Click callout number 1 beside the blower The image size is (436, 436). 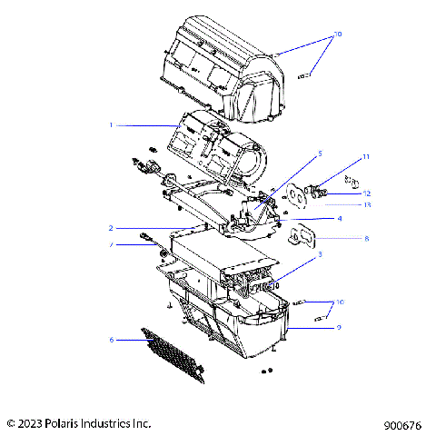point(111,124)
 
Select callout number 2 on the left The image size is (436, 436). point(111,227)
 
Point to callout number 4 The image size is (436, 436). point(339,219)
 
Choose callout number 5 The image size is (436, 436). point(319,154)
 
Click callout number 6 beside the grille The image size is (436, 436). point(111,340)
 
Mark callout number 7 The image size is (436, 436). point(111,245)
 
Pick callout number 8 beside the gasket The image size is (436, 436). point(340,239)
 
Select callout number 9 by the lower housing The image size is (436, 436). point(339,327)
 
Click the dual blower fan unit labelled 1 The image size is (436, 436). point(218,145)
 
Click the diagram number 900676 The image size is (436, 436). point(402,423)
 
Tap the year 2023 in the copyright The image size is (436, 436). point(30,423)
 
